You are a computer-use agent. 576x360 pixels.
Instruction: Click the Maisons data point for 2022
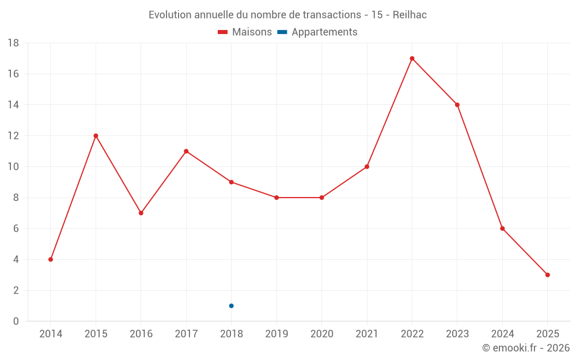[412, 58]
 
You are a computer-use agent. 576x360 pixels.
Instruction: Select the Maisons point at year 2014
[51, 259]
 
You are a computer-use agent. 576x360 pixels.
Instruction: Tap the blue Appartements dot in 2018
[231, 306]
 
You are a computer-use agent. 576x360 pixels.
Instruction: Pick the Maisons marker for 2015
[96, 136]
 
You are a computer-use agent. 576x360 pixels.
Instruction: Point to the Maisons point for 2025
[547, 275]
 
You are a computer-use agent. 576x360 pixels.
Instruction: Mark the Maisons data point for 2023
[457, 105]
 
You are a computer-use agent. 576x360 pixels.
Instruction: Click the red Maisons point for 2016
[141, 213]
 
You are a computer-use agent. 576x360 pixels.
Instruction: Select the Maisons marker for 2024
[502, 229]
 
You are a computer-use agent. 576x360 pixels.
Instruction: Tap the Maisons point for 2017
[186, 151]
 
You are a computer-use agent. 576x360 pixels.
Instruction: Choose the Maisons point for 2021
[367, 166]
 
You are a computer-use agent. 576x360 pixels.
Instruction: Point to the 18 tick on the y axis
[13, 43]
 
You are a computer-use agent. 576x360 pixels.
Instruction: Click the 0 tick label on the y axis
[16, 321]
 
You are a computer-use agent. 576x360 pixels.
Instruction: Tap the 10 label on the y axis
[13, 167]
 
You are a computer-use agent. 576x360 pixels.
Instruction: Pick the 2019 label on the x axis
[276, 334]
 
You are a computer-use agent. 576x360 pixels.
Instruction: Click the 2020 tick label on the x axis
[321, 334]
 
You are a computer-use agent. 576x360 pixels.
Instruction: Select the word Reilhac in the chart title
[410, 15]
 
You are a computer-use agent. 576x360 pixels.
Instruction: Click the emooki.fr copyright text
[526, 348]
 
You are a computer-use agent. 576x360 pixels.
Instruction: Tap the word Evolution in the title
[170, 15]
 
